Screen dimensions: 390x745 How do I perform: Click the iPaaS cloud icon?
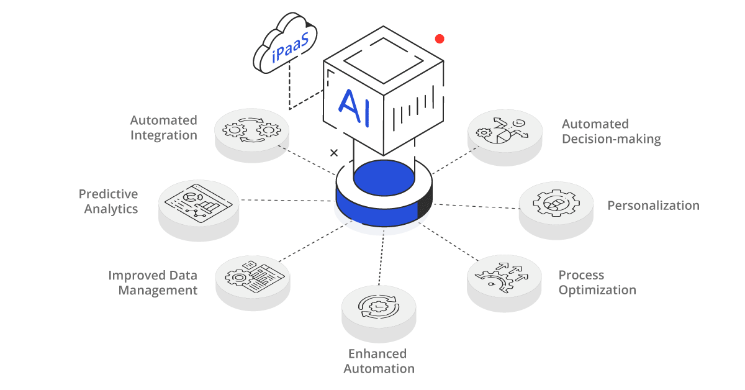click(285, 47)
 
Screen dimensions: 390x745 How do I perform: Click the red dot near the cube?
click(440, 39)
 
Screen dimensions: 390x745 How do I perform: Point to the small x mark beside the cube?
click(334, 153)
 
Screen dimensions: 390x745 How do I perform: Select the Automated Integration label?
click(163, 127)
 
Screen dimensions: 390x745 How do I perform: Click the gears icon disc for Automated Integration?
click(251, 131)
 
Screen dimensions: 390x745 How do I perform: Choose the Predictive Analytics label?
click(108, 201)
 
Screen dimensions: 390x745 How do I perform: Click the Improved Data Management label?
click(153, 283)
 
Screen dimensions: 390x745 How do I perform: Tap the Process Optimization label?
click(597, 283)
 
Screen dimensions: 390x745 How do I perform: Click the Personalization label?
click(652, 206)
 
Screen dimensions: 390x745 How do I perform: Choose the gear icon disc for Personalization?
click(556, 204)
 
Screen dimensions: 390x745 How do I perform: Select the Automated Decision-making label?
click(611, 131)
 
